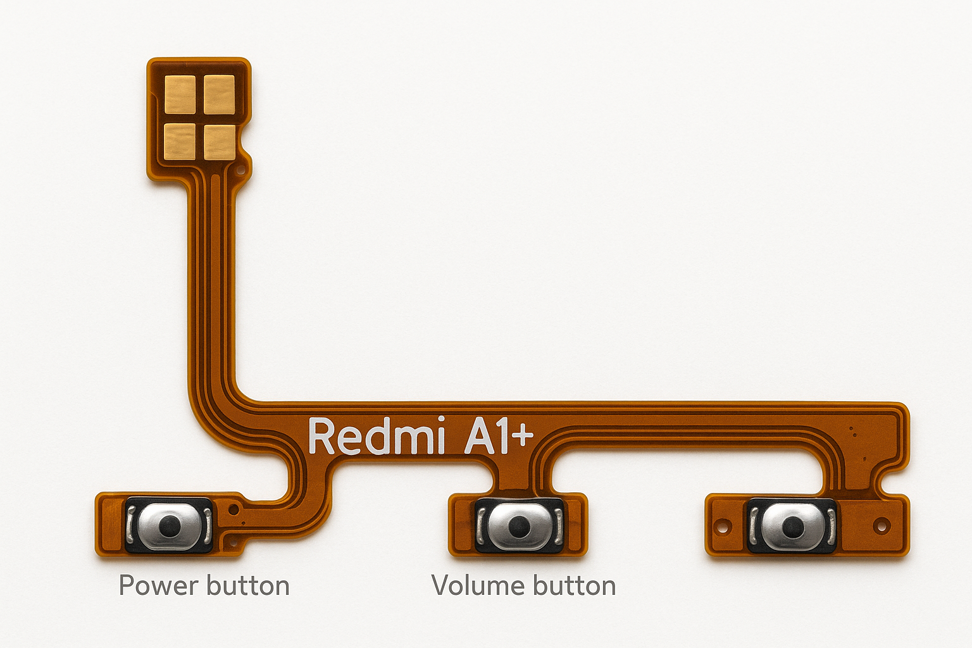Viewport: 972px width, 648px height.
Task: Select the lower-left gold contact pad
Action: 180,140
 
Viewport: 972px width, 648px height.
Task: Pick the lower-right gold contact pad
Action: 220,140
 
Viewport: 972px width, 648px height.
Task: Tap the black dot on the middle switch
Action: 519,525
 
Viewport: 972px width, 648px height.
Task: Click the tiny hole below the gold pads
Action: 240,170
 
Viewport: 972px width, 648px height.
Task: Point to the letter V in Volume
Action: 441,586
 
